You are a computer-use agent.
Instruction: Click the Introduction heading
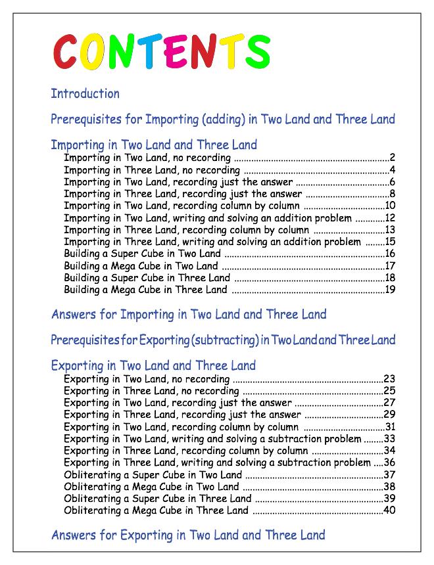85,94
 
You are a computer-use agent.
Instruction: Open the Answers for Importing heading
189,315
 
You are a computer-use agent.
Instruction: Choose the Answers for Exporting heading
188,535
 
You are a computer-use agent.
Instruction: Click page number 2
392,158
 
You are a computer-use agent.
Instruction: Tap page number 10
389,206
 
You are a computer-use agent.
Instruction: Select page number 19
389,290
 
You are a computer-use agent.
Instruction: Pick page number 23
389,379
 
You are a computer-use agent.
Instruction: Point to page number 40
389,510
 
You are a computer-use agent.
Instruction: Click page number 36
389,463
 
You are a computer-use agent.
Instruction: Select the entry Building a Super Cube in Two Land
142,254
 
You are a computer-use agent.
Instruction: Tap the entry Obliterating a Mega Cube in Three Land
156,510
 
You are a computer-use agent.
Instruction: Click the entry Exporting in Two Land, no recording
147,379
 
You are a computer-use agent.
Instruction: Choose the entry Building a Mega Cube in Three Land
145,290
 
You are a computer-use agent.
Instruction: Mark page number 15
389,242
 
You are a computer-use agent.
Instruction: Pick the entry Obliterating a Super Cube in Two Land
153,475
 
